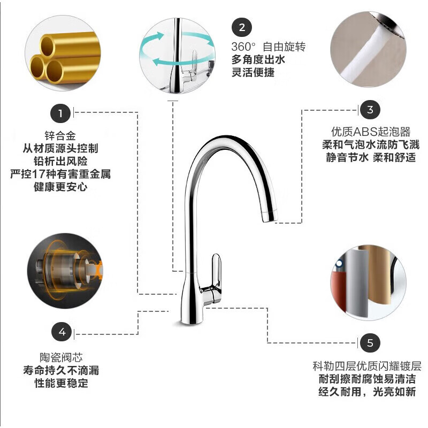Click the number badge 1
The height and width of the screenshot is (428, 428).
(60, 113)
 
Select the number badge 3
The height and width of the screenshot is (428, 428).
(370, 110)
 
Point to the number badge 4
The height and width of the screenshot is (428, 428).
(62, 332)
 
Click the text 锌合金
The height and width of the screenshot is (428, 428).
(60, 135)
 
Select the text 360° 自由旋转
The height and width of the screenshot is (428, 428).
(269, 47)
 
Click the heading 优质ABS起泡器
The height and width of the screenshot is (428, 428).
(370, 132)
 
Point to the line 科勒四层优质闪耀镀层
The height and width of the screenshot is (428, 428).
(367, 366)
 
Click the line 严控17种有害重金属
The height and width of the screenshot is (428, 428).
(60, 174)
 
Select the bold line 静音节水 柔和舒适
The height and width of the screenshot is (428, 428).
(370, 158)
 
